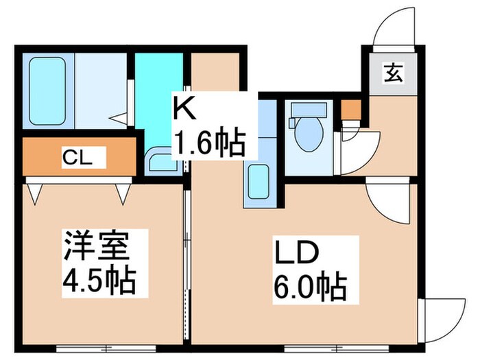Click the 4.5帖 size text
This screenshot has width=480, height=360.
tap(99, 280)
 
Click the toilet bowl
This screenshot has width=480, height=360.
tap(303, 130)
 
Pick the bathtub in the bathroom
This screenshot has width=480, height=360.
tap(47, 89)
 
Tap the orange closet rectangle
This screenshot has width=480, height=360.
tap(79, 157)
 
